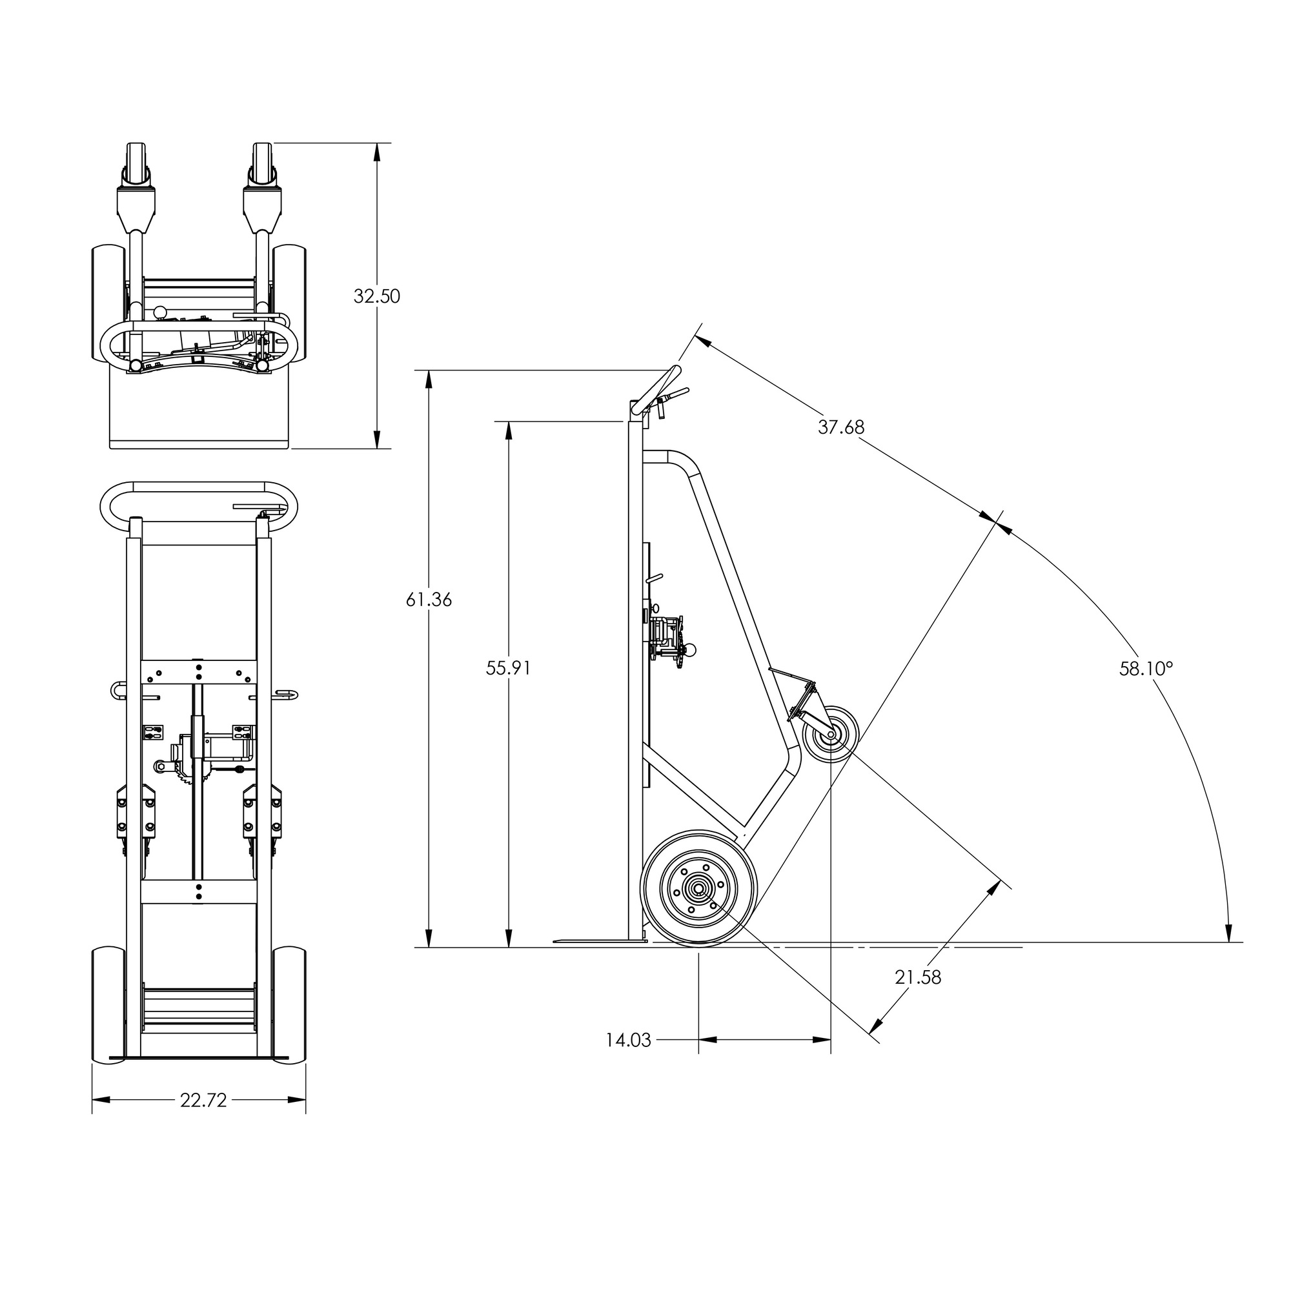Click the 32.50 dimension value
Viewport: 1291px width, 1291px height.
377,296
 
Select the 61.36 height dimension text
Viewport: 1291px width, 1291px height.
429,600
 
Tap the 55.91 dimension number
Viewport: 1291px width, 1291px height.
509,668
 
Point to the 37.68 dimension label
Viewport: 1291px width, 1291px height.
841,427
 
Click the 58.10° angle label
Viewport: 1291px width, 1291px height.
1146,668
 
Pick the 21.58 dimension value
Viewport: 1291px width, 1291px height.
917,977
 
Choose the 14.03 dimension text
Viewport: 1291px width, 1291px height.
628,1041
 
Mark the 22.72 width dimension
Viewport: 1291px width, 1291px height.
203,1101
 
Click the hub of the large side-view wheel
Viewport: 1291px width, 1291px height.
698,889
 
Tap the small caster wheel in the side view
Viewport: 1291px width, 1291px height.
831,735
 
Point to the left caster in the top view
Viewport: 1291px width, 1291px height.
136,165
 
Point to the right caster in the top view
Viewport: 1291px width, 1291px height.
263,165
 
